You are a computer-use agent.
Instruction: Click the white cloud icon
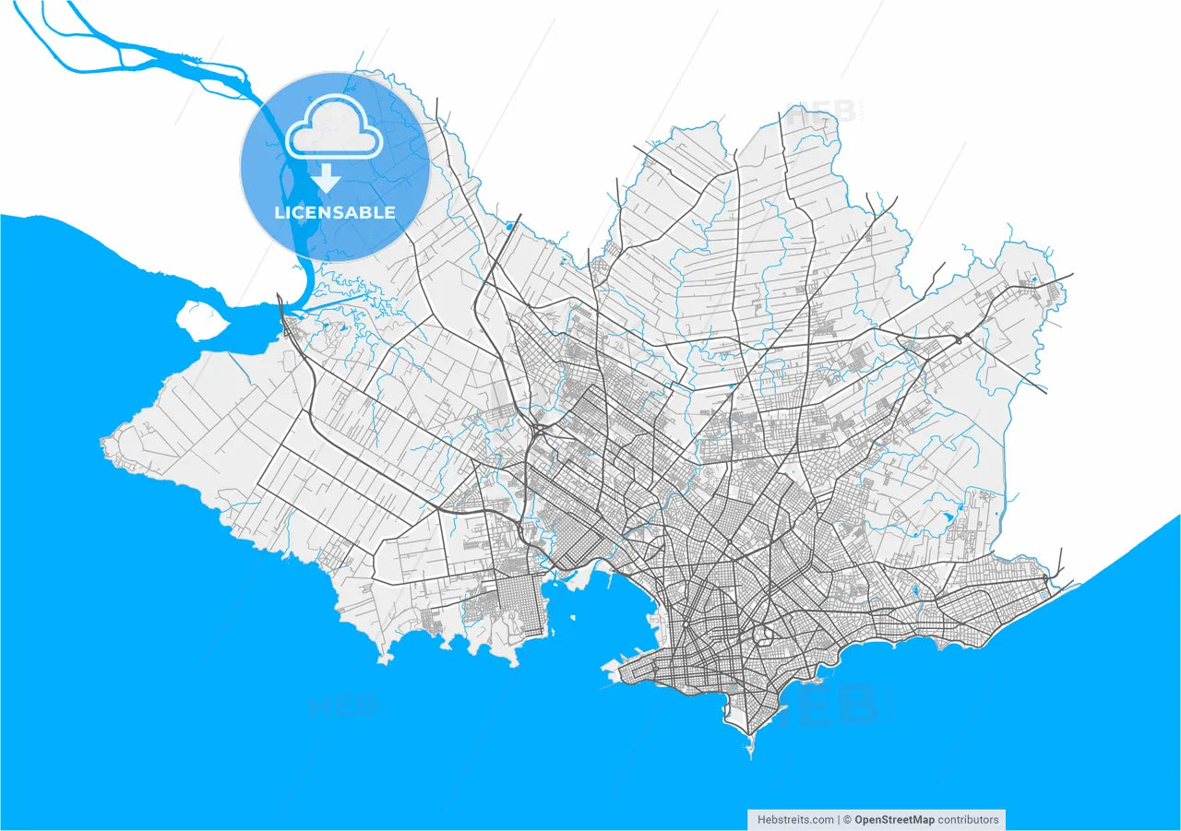(334, 131)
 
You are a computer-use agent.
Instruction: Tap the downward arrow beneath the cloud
(327, 177)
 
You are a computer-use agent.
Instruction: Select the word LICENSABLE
(335, 212)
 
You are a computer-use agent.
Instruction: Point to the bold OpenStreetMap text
(894, 819)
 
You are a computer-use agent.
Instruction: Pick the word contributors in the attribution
(969, 819)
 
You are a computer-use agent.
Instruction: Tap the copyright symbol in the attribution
(847, 819)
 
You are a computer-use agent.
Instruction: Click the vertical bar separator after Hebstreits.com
(840, 819)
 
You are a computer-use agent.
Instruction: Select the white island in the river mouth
(202, 319)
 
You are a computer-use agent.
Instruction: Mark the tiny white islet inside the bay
(573, 618)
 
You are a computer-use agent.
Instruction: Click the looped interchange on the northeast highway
(960, 339)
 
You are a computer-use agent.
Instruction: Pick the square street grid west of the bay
(521, 604)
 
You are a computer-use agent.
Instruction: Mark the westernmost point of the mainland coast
(103, 445)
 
